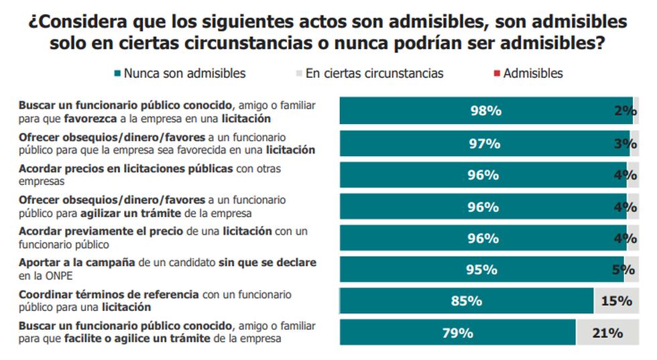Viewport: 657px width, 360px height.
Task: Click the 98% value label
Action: [486, 111]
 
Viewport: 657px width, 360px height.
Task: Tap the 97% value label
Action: [486, 143]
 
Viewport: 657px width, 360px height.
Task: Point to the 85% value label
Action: [467, 301]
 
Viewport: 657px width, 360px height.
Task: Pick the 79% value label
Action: [457, 333]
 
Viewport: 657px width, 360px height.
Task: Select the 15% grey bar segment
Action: [615, 301]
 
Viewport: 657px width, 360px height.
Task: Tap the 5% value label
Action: [625, 269]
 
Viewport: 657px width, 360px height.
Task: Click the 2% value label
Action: [625, 111]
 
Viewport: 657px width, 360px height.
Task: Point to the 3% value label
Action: [625, 143]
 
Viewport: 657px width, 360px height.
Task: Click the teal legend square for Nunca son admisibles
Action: [118, 73]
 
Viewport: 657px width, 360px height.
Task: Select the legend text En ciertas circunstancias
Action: [374, 73]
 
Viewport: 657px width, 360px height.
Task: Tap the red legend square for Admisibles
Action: [497, 73]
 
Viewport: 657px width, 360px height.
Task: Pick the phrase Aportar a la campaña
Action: [76, 263]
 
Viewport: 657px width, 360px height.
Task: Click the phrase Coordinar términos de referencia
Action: [109, 294]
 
